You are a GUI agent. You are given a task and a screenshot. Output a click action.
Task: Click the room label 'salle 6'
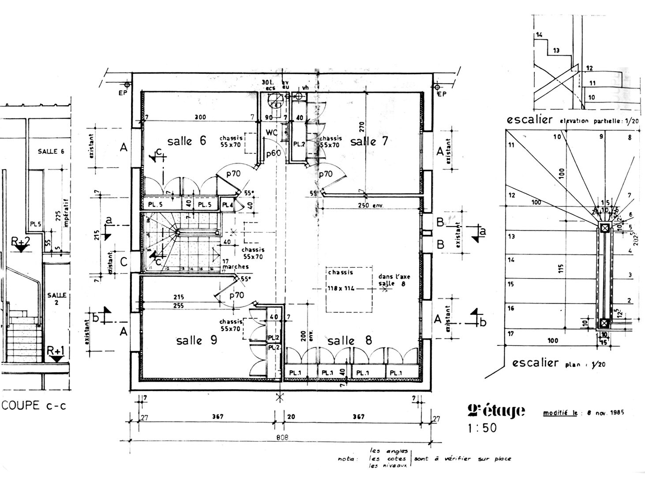click(x=187, y=141)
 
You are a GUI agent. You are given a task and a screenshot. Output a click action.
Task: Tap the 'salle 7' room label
click(x=369, y=141)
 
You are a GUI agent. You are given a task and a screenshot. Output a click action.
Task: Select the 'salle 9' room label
click(x=196, y=341)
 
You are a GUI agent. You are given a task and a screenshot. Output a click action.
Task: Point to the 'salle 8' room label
click(x=349, y=341)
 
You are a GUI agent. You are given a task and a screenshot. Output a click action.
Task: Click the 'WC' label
click(x=272, y=132)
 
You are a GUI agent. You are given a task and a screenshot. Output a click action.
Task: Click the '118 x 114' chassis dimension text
click(x=341, y=288)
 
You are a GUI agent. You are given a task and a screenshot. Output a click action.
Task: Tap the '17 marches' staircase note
click(x=236, y=264)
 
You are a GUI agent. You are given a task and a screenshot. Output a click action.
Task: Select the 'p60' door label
click(x=274, y=153)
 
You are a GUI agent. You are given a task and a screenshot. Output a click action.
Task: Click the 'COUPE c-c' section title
click(x=34, y=405)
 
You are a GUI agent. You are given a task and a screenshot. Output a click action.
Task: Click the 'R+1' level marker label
click(x=56, y=351)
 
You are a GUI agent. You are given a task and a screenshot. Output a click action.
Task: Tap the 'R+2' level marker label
click(x=21, y=241)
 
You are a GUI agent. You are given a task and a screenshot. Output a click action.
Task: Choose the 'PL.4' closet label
click(x=227, y=205)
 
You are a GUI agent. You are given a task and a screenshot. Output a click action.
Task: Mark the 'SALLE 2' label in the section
click(x=57, y=298)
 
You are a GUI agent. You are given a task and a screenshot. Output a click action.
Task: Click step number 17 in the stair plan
click(x=511, y=334)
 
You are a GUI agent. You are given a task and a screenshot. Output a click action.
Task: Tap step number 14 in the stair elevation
click(x=539, y=35)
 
